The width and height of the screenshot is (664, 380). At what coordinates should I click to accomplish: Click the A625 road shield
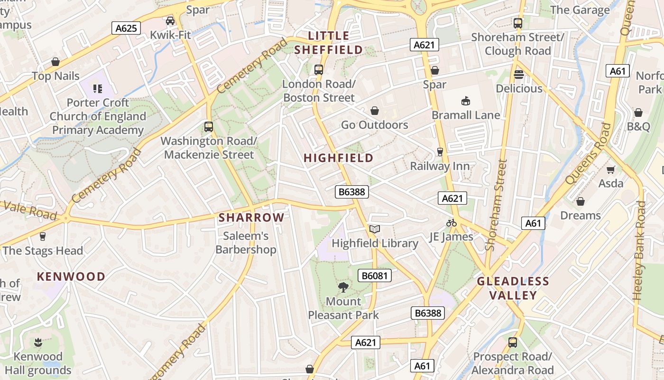tap(127, 28)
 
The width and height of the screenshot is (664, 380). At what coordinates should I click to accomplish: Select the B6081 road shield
tap(374, 275)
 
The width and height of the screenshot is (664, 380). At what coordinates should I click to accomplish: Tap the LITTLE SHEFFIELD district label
tap(328, 43)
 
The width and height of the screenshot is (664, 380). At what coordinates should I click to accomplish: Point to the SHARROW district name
tap(251, 218)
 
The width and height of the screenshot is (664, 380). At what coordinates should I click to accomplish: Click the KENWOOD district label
tap(71, 276)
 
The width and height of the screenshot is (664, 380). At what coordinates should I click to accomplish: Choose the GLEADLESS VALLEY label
tap(513, 288)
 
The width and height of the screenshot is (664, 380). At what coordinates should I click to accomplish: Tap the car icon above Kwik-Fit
tap(170, 21)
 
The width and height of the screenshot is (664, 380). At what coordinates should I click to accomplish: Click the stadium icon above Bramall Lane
tap(466, 101)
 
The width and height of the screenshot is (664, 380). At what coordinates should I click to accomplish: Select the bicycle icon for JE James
tap(451, 223)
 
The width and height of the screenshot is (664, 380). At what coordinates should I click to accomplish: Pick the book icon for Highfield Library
tap(375, 229)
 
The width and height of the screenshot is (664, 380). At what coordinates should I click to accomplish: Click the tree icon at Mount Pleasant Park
tap(343, 287)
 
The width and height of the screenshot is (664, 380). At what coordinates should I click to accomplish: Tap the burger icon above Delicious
tap(519, 75)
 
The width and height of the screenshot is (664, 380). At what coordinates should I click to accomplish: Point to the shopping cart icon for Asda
tap(611, 170)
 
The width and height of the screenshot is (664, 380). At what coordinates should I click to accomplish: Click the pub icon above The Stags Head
tap(43, 237)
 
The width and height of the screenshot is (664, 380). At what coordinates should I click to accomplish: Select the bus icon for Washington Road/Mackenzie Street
tap(208, 127)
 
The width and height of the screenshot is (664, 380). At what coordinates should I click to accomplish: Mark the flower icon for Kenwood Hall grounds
tap(37, 342)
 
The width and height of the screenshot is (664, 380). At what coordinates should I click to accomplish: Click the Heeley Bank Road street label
tap(640, 251)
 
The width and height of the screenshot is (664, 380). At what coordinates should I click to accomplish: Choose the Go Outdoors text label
tap(374, 125)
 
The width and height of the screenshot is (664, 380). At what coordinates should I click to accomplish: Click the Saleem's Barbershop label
tap(246, 243)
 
